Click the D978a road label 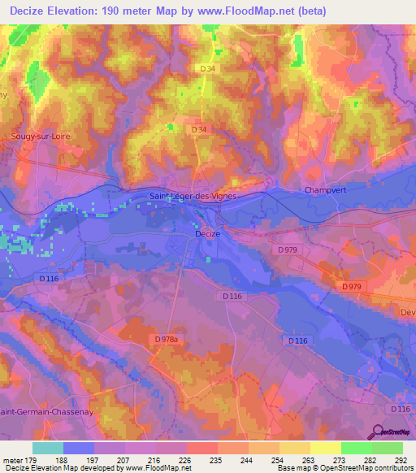click(165, 338)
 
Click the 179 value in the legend click(32, 459)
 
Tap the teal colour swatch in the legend click(48, 448)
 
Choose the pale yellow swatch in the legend click(326, 448)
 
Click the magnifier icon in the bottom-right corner click(379, 432)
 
